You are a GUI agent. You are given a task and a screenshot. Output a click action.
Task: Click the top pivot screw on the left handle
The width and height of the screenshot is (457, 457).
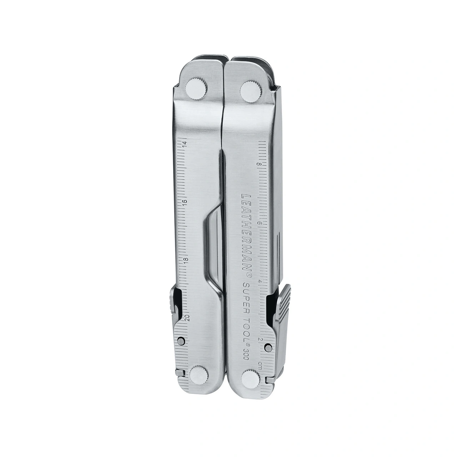[x=196, y=89]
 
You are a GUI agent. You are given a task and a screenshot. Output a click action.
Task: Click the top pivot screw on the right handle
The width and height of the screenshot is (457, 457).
[x=251, y=92]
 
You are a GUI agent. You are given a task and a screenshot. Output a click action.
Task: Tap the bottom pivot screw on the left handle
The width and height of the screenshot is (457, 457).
[x=199, y=377]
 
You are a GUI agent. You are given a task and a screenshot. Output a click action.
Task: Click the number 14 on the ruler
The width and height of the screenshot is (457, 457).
[x=185, y=144]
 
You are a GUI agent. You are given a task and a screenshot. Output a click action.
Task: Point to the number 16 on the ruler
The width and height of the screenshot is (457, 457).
[x=185, y=202]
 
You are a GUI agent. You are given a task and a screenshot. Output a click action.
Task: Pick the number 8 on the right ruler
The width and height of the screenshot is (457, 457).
[x=260, y=164]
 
